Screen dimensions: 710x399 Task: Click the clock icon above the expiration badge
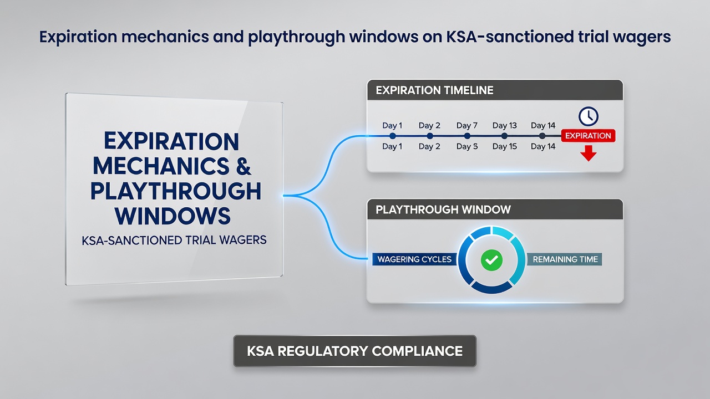pos(589,116)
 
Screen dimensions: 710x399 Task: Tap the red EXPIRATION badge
pos(589,136)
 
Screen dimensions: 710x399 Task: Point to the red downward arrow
pos(589,154)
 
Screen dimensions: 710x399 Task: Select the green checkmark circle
pos(491,260)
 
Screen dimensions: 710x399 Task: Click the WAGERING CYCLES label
pos(414,259)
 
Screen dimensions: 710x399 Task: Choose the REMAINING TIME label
pos(565,259)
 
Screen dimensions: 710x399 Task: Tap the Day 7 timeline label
pos(467,125)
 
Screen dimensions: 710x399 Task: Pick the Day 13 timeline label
pos(505,125)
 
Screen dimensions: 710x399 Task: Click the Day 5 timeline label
pos(467,146)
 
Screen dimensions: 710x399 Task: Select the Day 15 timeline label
pos(505,146)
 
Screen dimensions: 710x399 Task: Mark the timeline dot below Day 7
pos(467,136)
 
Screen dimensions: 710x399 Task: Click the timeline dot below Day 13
pos(504,136)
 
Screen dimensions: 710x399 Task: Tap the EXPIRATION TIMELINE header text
pos(434,90)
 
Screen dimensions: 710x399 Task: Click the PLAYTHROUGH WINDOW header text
pos(443,209)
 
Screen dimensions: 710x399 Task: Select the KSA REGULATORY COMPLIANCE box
pos(354,351)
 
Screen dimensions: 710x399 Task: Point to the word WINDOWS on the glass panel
pos(173,216)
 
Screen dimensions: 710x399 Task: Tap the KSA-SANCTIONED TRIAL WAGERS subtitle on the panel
pos(174,241)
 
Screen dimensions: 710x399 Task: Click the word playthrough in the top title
pos(296,37)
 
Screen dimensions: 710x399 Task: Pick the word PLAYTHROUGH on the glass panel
pos(176,191)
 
